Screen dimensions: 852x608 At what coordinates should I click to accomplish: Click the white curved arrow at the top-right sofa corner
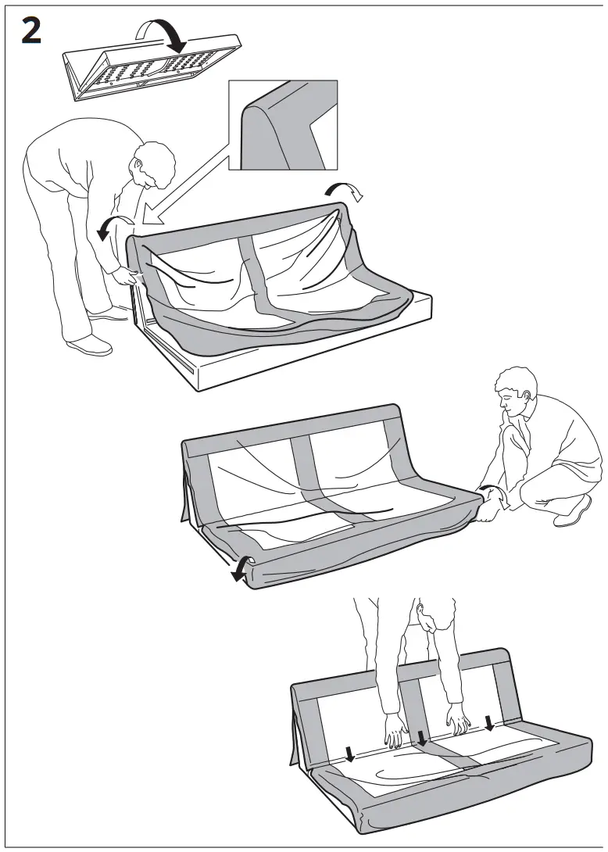[344, 190]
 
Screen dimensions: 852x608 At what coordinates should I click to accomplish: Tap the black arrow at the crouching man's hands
[488, 494]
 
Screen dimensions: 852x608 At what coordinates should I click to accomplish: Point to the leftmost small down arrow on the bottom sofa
[349, 752]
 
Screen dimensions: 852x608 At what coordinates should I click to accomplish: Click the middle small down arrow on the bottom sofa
[423, 737]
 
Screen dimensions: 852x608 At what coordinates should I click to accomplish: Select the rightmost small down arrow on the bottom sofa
[489, 723]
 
